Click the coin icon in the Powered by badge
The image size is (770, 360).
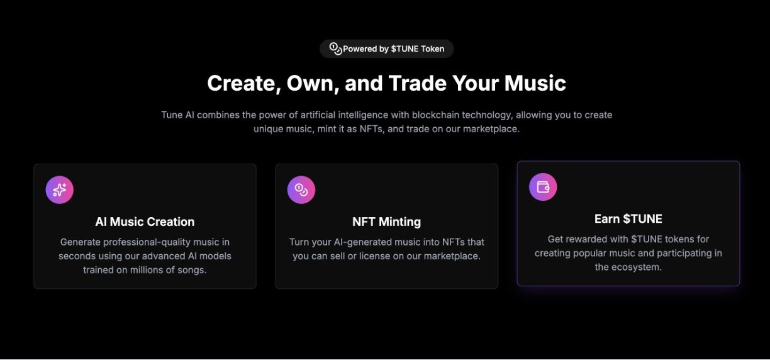(335, 48)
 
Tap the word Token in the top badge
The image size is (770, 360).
(432, 49)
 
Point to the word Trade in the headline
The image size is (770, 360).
(417, 83)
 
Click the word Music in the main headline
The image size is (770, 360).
(535, 83)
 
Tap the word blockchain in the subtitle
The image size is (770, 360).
(435, 115)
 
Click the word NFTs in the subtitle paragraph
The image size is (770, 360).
(371, 129)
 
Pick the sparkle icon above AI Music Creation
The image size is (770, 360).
(60, 190)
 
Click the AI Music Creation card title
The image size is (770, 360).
(145, 222)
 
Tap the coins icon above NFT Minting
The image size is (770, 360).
(301, 190)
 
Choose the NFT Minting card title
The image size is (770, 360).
(386, 222)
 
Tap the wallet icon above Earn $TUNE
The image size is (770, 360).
(543, 187)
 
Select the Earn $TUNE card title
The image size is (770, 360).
(628, 219)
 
